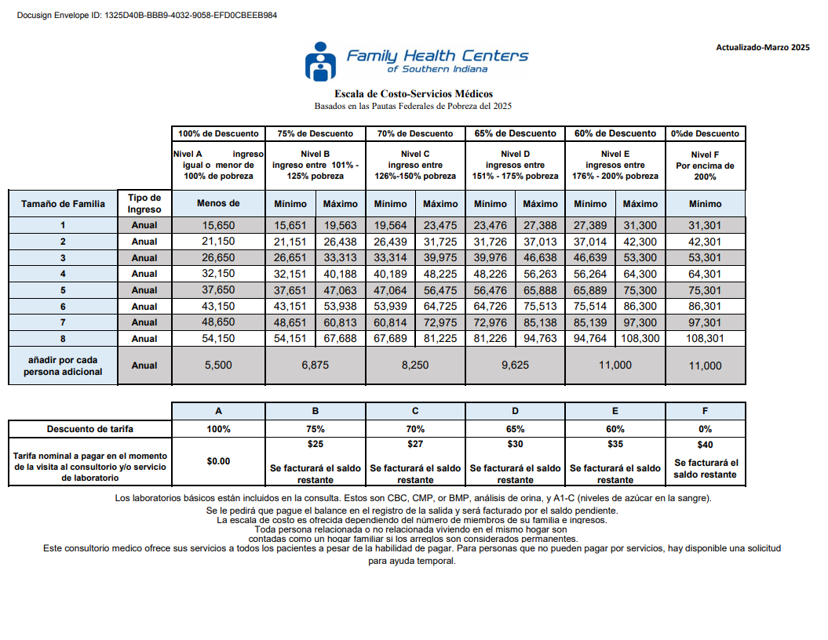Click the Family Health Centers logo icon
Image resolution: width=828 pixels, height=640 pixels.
click(x=320, y=61)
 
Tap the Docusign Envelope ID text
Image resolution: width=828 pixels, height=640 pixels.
click(x=146, y=15)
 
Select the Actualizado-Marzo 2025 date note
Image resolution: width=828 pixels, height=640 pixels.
click(x=762, y=48)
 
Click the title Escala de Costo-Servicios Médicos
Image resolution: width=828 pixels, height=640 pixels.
click(x=414, y=93)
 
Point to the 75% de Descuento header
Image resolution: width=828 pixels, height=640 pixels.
click(x=316, y=133)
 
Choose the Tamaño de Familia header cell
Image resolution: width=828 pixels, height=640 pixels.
click(x=63, y=204)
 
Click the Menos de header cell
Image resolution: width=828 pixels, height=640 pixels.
click(x=218, y=204)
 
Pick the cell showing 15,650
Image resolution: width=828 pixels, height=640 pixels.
click(x=218, y=226)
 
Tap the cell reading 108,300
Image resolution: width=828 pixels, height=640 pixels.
click(x=640, y=339)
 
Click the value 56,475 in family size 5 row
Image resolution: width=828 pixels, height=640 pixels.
click(x=440, y=290)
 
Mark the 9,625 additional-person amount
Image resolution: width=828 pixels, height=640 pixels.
click(x=515, y=365)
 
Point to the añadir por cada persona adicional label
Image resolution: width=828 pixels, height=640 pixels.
click(x=63, y=365)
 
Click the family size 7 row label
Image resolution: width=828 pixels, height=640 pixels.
click(x=63, y=322)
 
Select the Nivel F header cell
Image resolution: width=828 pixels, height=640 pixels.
click(x=705, y=165)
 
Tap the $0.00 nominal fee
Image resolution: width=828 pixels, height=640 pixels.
click(x=218, y=461)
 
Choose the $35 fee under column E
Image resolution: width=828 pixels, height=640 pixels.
click(x=615, y=444)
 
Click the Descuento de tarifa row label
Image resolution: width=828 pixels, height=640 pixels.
click(x=89, y=429)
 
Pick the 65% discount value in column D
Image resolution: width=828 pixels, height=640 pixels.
click(x=515, y=429)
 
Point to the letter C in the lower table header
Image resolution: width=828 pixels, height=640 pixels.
click(x=415, y=411)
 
